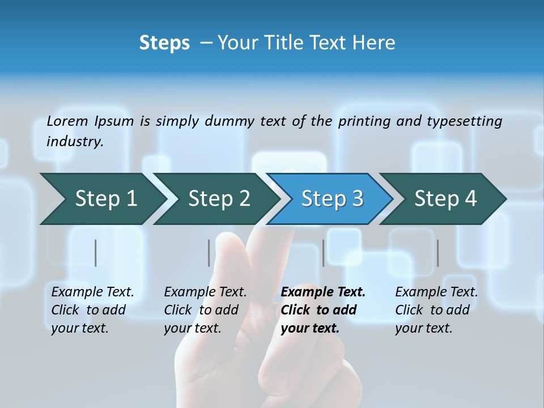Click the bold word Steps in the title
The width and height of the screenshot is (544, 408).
tap(164, 42)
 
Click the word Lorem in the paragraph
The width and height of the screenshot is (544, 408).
tap(67, 121)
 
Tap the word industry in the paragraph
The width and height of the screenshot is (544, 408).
tap(75, 141)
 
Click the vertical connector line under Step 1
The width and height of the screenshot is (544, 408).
tap(96, 253)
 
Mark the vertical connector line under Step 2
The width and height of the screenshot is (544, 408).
tap(209, 253)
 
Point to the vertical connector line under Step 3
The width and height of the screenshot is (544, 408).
tap(324, 253)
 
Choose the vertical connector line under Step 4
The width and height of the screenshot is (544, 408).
tap(438, 253)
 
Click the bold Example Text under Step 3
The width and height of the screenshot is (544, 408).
tap(323, 292)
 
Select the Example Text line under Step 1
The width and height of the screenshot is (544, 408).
tap(92, 292)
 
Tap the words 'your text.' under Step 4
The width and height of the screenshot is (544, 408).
tap(423, 328)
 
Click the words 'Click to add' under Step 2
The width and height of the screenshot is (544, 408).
tap(201, 310)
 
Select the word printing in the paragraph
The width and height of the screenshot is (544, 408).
tap(364, 121)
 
